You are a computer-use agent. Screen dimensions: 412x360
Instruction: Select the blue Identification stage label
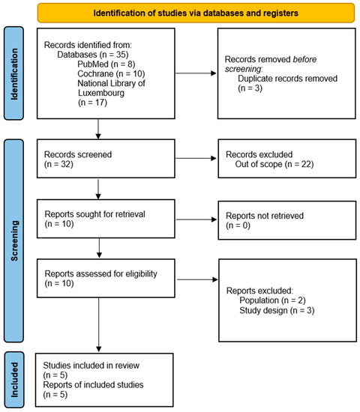[15, 73]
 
